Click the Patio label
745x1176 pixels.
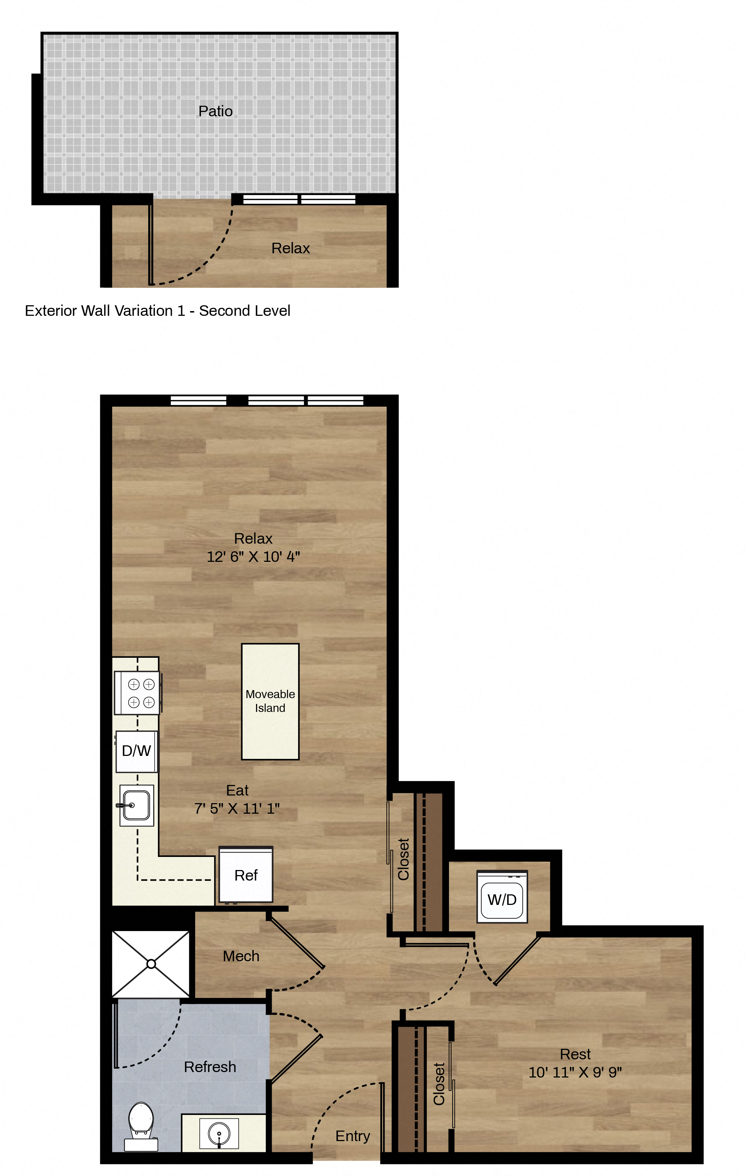click(215, 111)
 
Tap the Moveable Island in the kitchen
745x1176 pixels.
click(270, 701)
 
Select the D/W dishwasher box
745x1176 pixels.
click(137, 751)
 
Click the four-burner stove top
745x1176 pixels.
click(137, 693)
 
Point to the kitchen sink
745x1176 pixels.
click(137, 805)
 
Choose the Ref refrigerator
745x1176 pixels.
click(246, 875)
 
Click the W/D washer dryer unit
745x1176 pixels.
click(502, 897)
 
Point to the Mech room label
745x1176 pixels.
click(241, 956)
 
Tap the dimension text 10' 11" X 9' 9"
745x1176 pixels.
click(575, 1072)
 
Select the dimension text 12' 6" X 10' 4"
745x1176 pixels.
click(254, 557)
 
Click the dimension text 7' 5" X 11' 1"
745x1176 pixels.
click(237, 809)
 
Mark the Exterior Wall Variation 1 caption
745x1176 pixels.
click(157, 311)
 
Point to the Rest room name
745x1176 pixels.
click(575, 1054)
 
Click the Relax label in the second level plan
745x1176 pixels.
click(291, 248)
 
